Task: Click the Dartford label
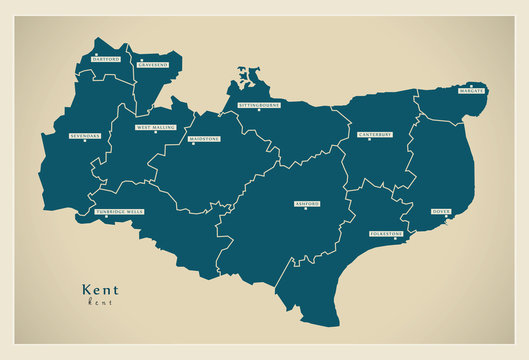click(105, 59)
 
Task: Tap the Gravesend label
click(153, 64)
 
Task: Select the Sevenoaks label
click(85, 134)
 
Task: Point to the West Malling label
click(156, 128)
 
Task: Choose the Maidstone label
click(205, 139)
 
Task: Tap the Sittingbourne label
click(259, 104)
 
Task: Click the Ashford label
click(306, 203)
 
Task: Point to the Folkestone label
click(388, 233)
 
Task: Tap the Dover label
click(441, 211)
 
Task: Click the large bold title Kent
click(100, 290)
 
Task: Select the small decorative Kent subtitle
click(100, 301)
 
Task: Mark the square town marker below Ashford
click(306, 209)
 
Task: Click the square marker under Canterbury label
click(369, 139)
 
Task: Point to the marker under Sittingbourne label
click(259, 110)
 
